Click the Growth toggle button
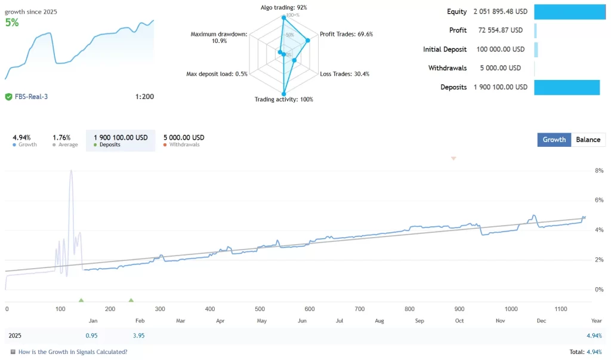coord(554,140)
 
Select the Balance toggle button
coord(588,140)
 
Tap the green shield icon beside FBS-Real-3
coord(8,96)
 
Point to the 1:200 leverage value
coord(144,96)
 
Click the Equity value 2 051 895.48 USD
coord(500,12)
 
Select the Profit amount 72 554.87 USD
coord(499,30)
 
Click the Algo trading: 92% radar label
coord(283,7)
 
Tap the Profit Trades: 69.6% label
coord(346,34)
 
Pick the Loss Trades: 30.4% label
coord(344,74)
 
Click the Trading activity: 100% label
coord(283,99)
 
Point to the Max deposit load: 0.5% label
coord(217,74)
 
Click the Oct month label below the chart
coord(459,321)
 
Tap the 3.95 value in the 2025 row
coord(138,336)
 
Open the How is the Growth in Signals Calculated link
coord(72,352)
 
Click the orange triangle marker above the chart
coord(453,158)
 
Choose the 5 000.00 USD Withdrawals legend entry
coord(184,140)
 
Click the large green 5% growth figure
coord(12,23)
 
